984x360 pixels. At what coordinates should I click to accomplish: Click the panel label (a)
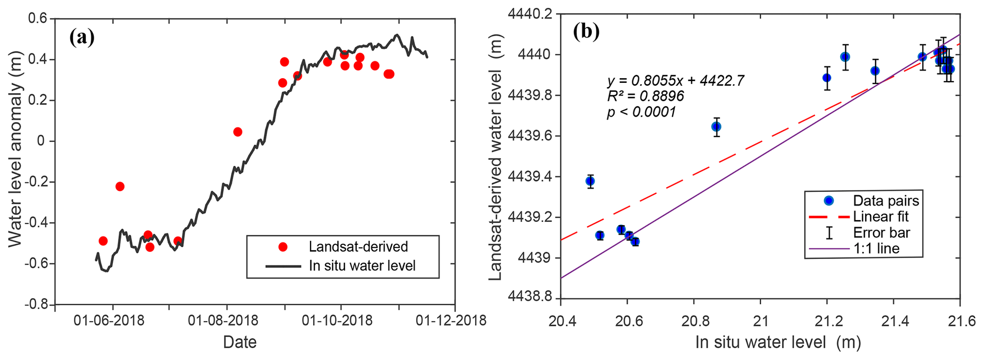(82, 37)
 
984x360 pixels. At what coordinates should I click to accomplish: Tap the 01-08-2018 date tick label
(223, 320)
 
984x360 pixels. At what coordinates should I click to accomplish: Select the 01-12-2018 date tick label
(451, 320)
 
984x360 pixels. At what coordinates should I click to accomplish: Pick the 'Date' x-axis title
(240, 342)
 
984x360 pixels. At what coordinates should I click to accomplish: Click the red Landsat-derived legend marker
(283, 247)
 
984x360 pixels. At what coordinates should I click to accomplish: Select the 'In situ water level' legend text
(362, 266)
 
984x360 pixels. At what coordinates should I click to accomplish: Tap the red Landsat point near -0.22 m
(120, 186)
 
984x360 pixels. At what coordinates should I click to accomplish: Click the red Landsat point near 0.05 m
(238, 132)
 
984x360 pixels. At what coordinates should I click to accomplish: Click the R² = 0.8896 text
(646, 96)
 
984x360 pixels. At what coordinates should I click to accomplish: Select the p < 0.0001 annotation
(641, 112)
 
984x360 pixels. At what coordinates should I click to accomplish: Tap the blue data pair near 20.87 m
(716, 127)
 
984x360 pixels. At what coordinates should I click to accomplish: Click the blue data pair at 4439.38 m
(590, 181)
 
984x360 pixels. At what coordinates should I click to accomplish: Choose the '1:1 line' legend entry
(876, 248)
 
